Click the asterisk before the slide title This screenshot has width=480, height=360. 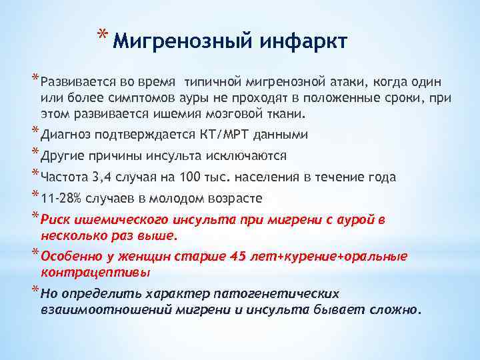[x=101, y=35]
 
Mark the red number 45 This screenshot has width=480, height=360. [x=237, y=257]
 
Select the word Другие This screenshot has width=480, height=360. [x=63, y=157]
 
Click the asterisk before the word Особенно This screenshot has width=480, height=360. [x=35, y=253]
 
